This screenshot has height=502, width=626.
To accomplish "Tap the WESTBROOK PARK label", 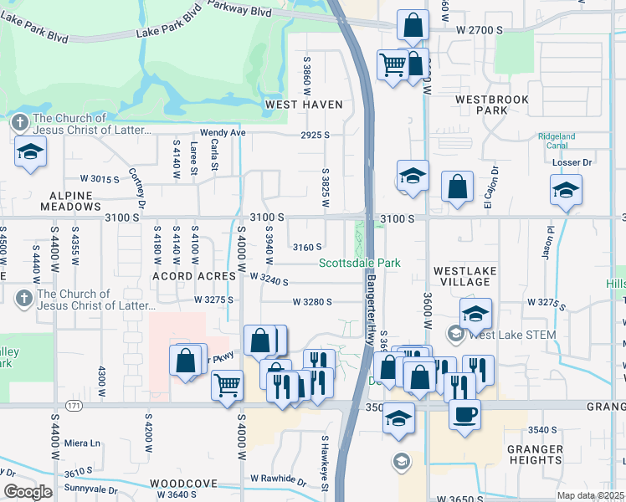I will (x=492, y=105).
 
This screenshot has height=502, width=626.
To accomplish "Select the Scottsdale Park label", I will (x=360, y=263).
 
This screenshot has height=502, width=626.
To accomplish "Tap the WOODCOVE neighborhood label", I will (x=184, y=484).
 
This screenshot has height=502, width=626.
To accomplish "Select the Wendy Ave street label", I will (x=222, y=133).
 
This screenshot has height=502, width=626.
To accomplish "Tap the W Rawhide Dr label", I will (x=279, y=480).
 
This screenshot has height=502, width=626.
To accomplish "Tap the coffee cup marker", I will (x=465, y=412).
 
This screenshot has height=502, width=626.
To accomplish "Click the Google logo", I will (x=28, y=492).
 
